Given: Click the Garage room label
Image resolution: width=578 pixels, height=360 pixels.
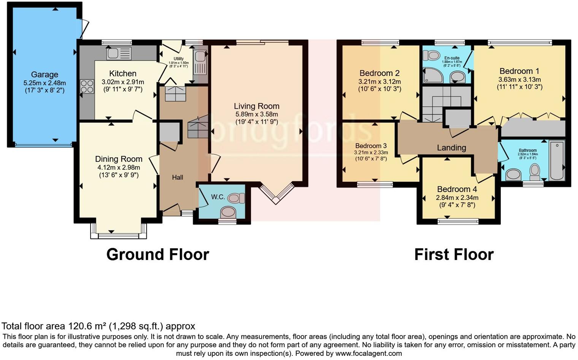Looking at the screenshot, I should pyautogui.click(x=44, y=75).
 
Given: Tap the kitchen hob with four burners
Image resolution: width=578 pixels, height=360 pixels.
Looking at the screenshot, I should pyautogui.click(x=87, y=86).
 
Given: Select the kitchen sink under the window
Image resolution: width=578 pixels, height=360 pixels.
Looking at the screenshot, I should pyautogui.click(x=119, y=53).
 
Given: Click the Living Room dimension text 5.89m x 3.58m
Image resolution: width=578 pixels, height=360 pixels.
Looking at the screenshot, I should pyautogui.click(x=256, y=114).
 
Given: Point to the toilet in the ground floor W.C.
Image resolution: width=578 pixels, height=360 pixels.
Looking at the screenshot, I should pyautogui.click(x=237, y=198).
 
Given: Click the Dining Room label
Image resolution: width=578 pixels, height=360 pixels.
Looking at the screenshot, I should pyautogui.click(x=119, y=159).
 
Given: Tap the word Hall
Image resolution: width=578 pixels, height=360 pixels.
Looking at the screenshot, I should pyautogui.click(x=177, y=178).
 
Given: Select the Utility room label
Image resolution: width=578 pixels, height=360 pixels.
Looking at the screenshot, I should pyautogui.click(x=178, y=59).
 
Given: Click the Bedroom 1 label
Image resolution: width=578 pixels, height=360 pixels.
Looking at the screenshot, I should pyautogui.click(x=519, y=71).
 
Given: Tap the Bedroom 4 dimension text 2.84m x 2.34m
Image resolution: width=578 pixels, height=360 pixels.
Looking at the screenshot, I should pyautogui.click(x=457, y=198).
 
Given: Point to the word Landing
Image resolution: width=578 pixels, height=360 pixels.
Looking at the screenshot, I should pyautogui.click(x=451, y=148).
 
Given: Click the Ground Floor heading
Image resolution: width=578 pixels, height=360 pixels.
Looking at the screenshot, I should pyautogui.click(x=157, y=254).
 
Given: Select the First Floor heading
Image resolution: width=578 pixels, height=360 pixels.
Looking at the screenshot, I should pyautogui.click(x=454, y=254).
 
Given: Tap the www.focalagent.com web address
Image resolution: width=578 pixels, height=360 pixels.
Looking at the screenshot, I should pyautogui.click(x=368, y=354).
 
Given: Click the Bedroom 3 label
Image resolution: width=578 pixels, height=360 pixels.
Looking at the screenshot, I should pyautogui.click(x=371, y=146).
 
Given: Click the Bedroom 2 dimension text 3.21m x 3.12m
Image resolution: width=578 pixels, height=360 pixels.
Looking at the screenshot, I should pyautogui.click(x=379, y=82).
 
